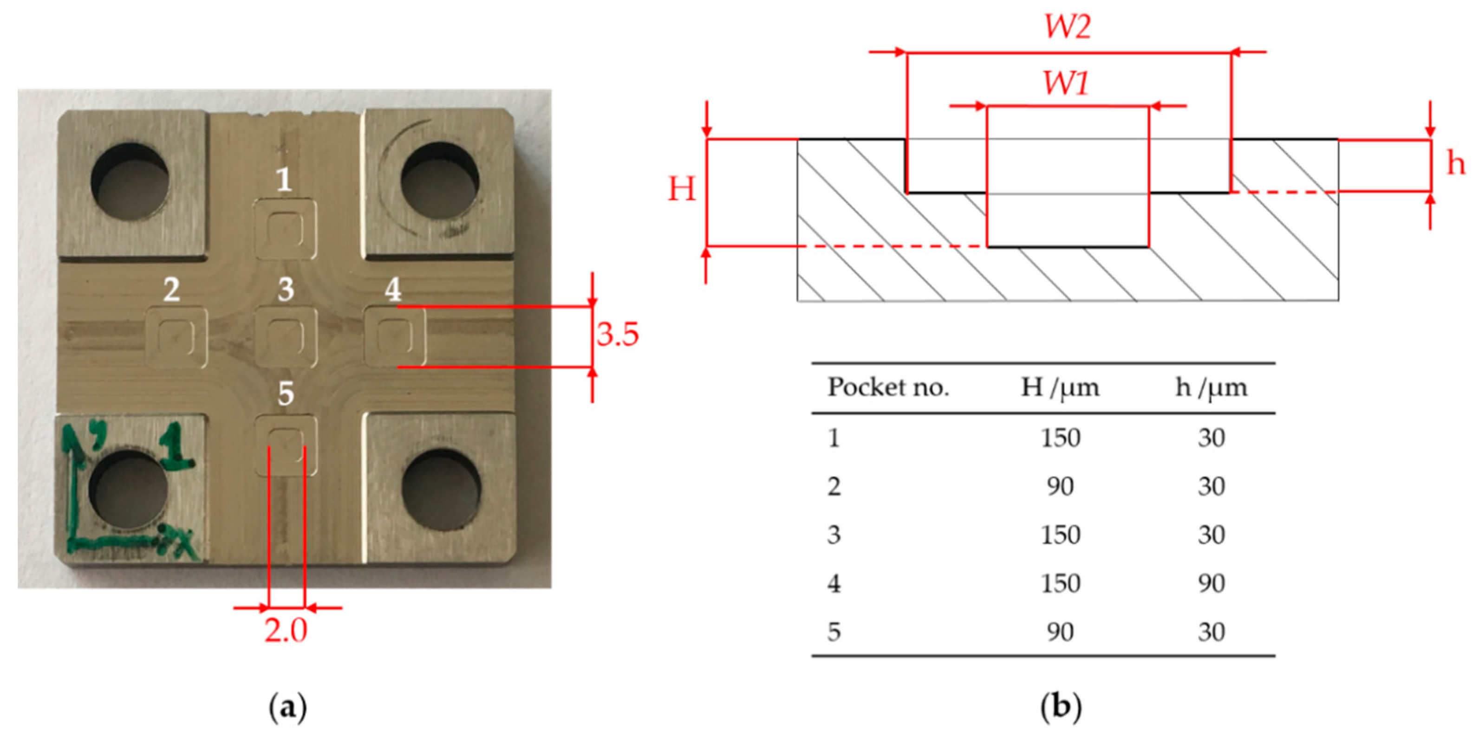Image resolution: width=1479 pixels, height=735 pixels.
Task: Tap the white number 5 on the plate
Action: pyautogui.click(x=286, y=394)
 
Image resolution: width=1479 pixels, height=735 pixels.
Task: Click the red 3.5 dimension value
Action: pyautogui.click(x=617, y=335)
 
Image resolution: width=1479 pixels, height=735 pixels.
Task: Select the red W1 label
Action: pyautogui.click(x=1065, y=84)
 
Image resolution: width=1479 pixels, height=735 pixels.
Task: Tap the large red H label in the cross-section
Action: pyautogui.click(x=682, y=189)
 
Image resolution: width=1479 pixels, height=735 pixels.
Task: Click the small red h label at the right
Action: pyautogui.click(x=1455, y=164)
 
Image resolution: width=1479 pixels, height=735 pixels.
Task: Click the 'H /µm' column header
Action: pyautogui.click(x=1060, y=388)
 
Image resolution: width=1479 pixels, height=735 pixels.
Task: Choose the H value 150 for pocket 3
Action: pyautogui.click(x=1060, y=534)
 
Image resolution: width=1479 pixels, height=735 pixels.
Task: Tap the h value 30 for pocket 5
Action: pyautogui.click(x=1212, y=632)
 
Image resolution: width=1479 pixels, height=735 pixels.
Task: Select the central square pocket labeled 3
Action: pyautogui.click(x=285, y=337)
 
